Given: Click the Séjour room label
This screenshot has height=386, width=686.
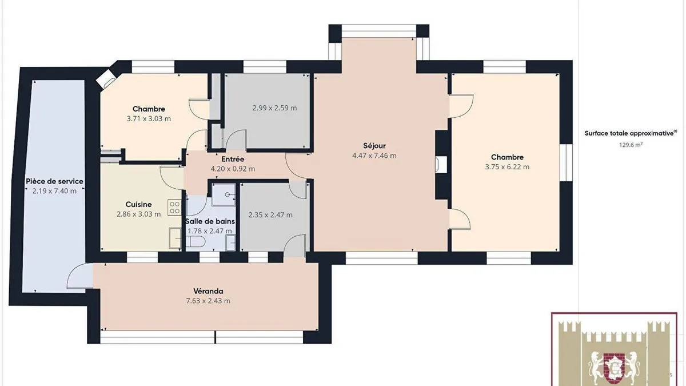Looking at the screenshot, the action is click(x=374, y=146).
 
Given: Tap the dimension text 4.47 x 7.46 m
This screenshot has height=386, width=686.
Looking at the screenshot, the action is click(x=374, y=156).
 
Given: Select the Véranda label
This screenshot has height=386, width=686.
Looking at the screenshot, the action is click(x=208, y=291).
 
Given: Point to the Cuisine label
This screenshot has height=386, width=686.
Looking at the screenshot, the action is click(x=138, y=204).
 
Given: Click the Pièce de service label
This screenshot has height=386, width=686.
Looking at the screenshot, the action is click(x=54, y=181).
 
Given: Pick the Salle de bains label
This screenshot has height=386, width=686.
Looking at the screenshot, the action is click(x=210, y=221).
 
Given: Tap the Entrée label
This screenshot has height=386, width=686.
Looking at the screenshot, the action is click(x=233, y=160).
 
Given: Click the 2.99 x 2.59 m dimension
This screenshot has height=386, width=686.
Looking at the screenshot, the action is click(x=275, y=108).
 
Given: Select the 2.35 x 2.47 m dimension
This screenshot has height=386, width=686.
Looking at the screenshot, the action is click(x=270, y=215).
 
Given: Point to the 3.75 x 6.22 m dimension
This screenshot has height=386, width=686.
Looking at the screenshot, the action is click(x=507, y=167).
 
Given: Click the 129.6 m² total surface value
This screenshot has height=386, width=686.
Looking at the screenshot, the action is click(x=631, y=145).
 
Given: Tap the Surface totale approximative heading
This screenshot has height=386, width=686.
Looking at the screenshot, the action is click(x=631, y=134).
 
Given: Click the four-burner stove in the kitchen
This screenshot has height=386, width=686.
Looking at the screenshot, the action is click(x=174, y=208).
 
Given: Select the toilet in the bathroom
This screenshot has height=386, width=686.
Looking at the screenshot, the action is click(x=196, y=241).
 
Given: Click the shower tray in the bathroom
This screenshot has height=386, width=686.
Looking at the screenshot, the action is click(x=224, y=194).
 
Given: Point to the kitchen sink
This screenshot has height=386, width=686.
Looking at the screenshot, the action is click(x=175, y=238).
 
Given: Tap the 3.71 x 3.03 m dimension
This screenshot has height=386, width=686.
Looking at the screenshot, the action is click(x=149, y=119).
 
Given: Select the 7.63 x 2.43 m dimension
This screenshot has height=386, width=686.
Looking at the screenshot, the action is click(x=208, y=301).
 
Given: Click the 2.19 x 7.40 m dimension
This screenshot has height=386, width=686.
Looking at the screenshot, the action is click(x=54, y=191).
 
